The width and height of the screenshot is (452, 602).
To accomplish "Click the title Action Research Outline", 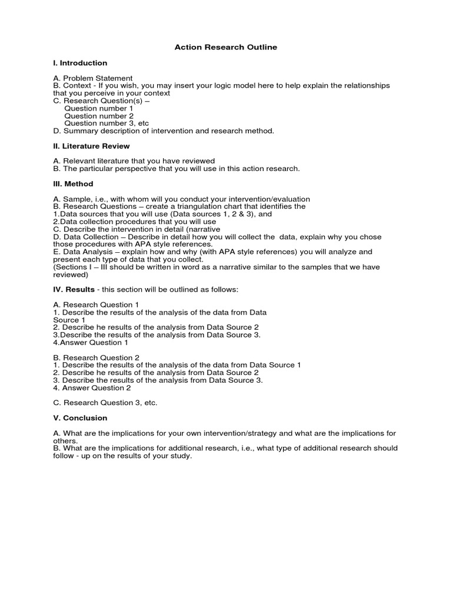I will (226, 47).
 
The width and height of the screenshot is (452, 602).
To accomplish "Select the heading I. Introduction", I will (80, 63).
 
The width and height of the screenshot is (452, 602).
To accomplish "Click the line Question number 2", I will (99, 116).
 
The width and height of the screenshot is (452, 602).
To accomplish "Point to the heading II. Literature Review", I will (91, 146).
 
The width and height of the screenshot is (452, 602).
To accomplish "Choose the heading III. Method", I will (73, 184).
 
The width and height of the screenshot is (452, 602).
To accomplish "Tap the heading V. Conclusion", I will (80, 418).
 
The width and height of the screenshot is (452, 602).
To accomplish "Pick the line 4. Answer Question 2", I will (92, 387).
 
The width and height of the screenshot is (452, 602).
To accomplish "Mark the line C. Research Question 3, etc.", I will (105, 403).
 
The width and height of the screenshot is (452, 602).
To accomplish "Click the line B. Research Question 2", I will (96, 357).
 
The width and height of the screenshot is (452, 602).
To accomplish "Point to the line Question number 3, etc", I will (107, 123).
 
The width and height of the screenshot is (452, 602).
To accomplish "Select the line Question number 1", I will (99, 108).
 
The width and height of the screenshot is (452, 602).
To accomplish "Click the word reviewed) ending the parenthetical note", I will (71, 275).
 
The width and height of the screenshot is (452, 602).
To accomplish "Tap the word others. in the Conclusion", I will (65, 441).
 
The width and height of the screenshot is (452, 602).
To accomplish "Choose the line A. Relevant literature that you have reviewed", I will (134, 161).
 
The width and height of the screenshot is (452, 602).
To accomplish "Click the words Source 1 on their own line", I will (69, 320).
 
